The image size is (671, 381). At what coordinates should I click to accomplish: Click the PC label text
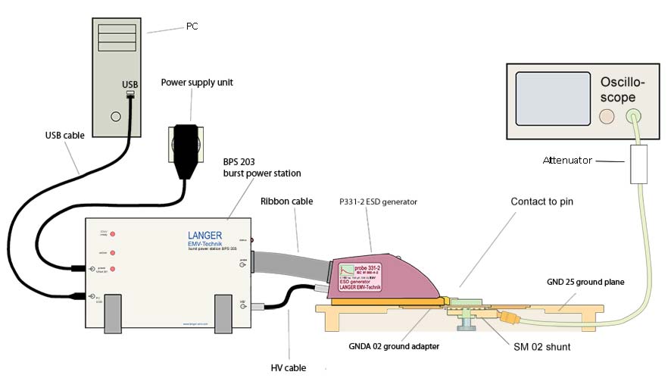(x=192, y=27)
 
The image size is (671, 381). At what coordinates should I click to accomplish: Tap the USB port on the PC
(x=130, y=94)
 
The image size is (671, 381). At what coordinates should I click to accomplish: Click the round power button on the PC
(x=115, y=117)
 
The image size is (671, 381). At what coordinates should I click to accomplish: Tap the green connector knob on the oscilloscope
(x=635, y=116)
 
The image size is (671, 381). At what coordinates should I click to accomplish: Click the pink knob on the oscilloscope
(x=607, y=116)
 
